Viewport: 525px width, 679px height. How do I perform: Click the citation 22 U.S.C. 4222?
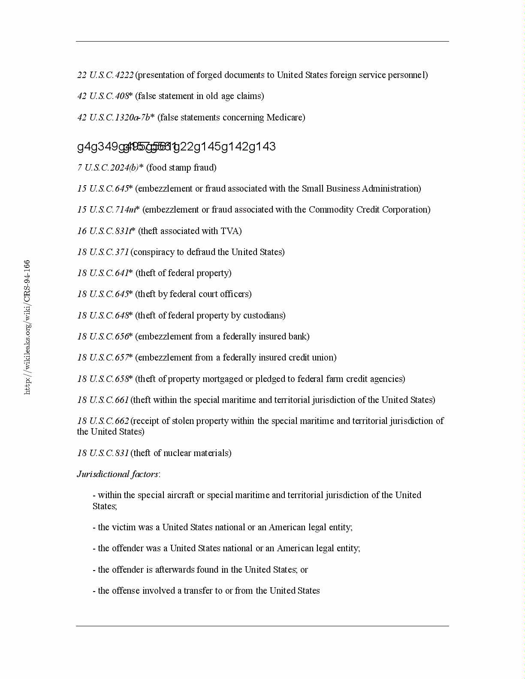point(106,75)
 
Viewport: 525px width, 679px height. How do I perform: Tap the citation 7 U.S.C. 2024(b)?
point(108,168)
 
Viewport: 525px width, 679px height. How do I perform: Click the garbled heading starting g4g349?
point(176,147)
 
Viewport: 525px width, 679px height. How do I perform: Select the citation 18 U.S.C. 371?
point(103,252)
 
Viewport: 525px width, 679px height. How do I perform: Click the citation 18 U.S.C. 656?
point(103,336)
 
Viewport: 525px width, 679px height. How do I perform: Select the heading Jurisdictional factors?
point(118,474)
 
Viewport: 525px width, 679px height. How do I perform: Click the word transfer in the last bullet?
point(198,591)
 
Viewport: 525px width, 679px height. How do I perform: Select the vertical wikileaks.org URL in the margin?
point(27,327)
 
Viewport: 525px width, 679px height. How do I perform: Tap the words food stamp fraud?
point(181,168)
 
